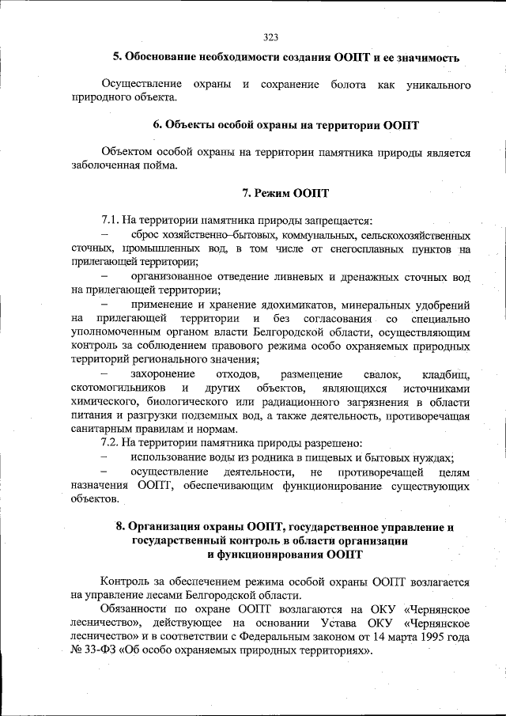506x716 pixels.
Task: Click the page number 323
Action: pos(271,37)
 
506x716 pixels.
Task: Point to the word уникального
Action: pos(436,83)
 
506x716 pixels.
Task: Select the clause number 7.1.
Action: pos(111,221)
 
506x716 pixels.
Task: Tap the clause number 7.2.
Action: pos(111,444)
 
